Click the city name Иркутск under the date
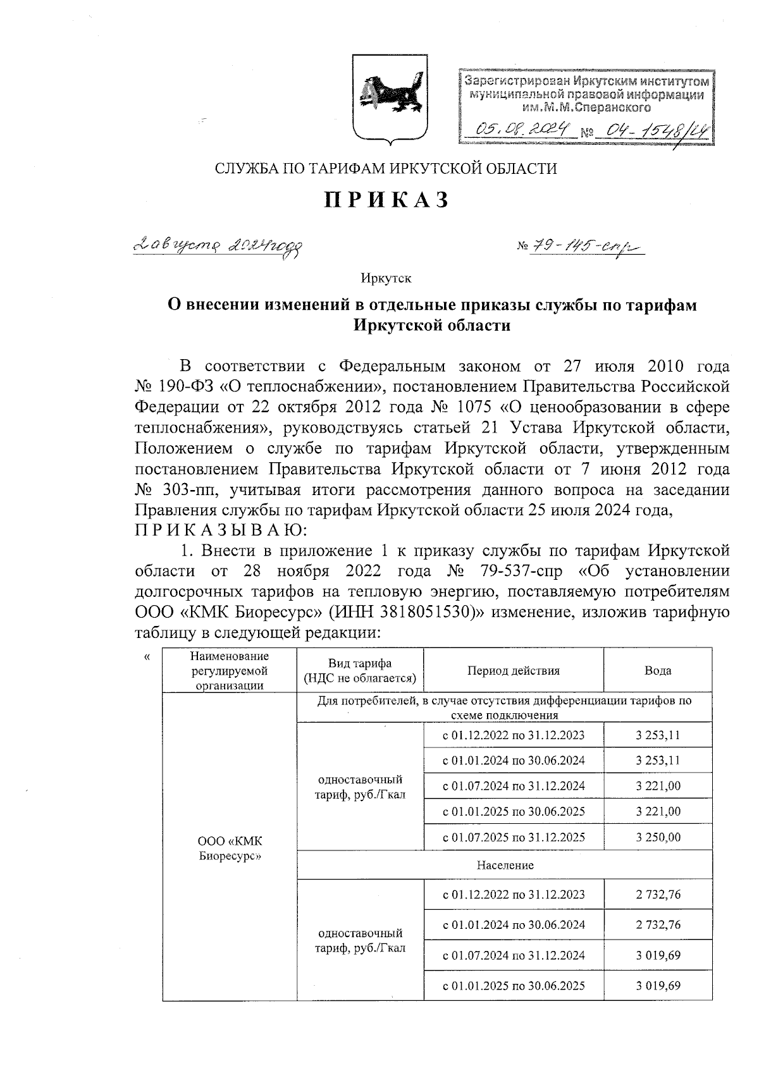(x=386, y=278)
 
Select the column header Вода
(x=658, y=671)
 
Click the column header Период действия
(x=514, y=671)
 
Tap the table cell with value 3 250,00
(x=658, y=837)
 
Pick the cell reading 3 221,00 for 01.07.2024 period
(x=658, y=786)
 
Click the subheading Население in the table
(x=505, y=865)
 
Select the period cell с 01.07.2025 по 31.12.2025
(x=514, y=837)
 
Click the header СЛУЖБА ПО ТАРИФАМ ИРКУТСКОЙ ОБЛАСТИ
(x=386, y=168)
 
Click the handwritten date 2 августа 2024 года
(x=219, y=245)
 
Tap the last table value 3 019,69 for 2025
(x=658, y=985)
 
